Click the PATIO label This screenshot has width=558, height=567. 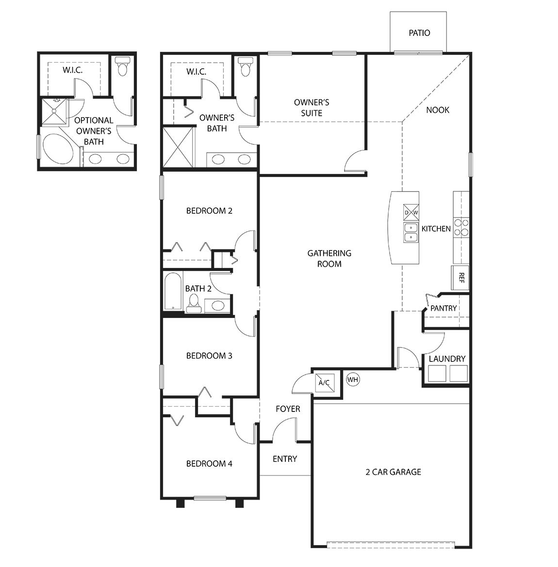pyautogui.click(x=419, y=33)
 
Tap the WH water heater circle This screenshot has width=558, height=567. pyautogui.click(x=353, y=379)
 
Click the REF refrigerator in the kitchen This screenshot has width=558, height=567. pyautogui.click(x=460, y=278)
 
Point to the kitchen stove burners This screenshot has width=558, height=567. pyautogui.click(x=461, y=227)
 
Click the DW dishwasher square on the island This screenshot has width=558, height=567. pyautogui.click(x=411, y=212)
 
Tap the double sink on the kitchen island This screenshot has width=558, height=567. pyautogui.click(x=411, y=232)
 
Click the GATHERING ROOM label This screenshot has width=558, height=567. pyautogui.click(x=329, y=258)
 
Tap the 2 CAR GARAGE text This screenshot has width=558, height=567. pyautogui.click(x=393, y=472)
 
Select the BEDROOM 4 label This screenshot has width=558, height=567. pyautogui.click(x=209, y=464)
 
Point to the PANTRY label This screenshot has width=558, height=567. pyautogui.click(x=443, y=308)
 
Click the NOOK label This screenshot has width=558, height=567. pyautogui.click(x=438, y=110)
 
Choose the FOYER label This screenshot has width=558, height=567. pyautogui.click(x=288, y=409)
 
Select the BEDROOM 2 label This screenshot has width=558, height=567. pyautogui.click(x=209, y=211)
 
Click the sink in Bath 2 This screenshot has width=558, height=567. pyautogui.click(x=218, y=305)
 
